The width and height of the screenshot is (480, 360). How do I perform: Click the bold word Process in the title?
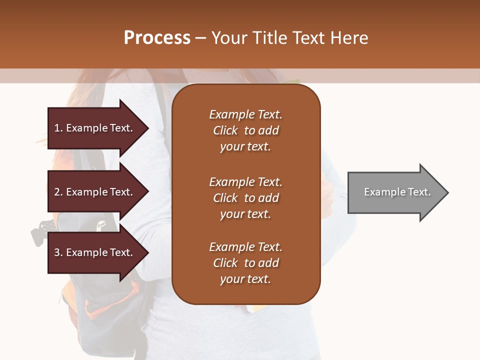157,38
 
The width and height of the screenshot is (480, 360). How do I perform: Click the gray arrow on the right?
395,192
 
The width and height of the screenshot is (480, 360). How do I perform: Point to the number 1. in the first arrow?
58,128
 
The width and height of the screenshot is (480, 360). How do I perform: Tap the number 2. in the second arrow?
58,192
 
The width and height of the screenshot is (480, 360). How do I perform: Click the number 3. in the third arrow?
58,252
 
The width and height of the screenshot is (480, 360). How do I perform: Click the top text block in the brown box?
245,130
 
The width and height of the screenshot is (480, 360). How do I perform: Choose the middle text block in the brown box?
245,198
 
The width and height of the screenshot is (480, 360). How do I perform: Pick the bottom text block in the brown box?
245,263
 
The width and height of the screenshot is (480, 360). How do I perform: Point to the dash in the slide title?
201,38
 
